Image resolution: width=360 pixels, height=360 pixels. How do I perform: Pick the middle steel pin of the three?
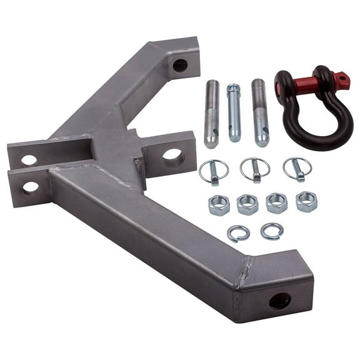point(234,112)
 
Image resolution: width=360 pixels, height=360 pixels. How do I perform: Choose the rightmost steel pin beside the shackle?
point(259,112)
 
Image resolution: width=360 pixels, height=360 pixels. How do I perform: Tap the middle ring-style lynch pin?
point(254,169)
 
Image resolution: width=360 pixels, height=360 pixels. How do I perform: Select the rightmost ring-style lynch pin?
point(297,168)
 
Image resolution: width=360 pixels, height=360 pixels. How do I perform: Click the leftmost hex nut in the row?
point(219,205)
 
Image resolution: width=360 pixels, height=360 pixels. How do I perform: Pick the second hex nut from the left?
point(247,204)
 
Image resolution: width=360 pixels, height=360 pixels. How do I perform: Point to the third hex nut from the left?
point(276,203)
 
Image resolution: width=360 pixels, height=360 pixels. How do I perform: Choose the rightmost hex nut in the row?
point(306,201)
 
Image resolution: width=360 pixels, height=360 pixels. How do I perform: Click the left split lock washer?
point(238,233)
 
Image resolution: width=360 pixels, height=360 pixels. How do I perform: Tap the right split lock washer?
point(272,231)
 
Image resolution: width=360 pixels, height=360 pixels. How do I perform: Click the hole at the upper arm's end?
point(180,64)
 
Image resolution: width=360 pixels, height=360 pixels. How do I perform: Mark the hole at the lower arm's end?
point(279,301)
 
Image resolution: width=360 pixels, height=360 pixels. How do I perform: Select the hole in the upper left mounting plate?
point(29,159)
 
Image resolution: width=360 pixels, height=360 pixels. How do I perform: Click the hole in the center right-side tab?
point(173,156)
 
